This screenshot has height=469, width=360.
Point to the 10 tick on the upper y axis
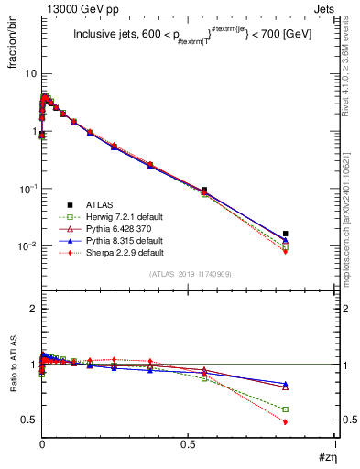30,73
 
